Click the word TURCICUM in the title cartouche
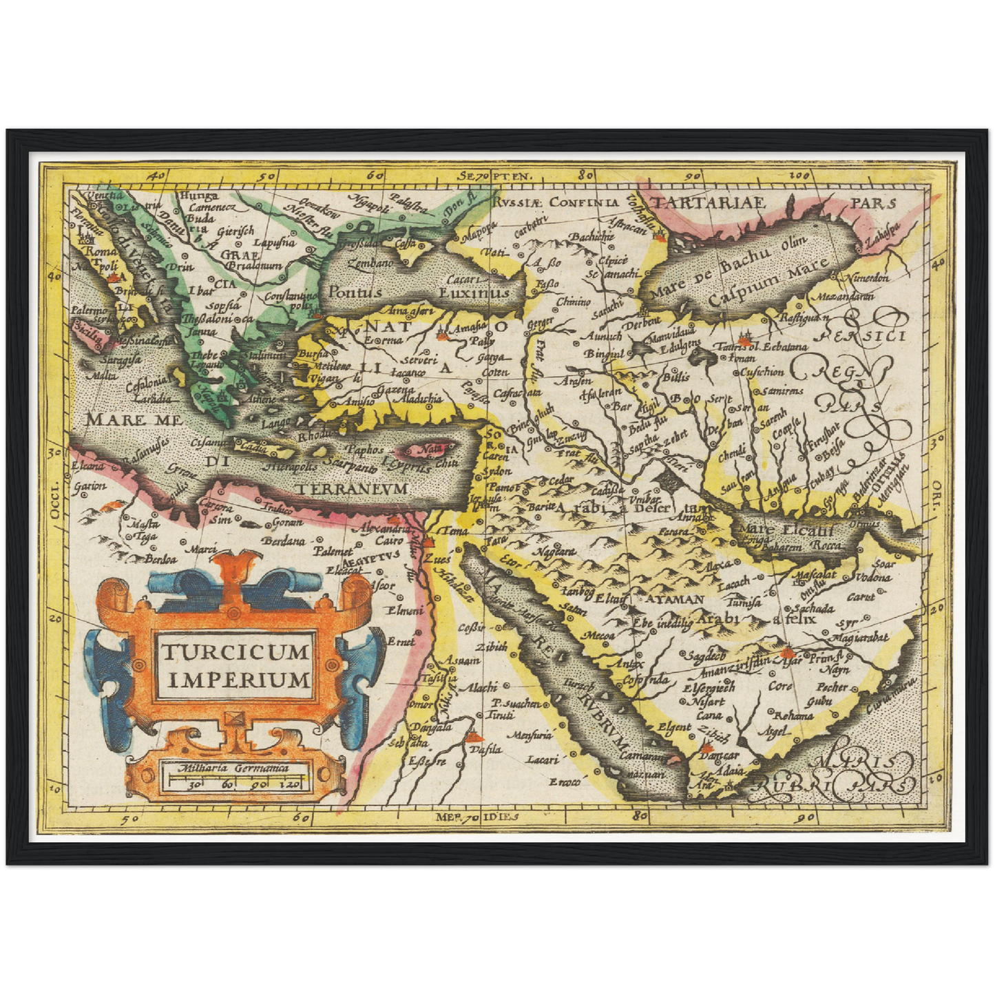click(x=234, y=651)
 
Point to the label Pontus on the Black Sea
click(x=354, y=291)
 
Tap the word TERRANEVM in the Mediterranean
click(x=352, y=488)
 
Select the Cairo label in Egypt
click(x=389, y=541)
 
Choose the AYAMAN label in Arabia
click(x=674, y=599)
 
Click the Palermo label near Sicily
click(x=87, y=311)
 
